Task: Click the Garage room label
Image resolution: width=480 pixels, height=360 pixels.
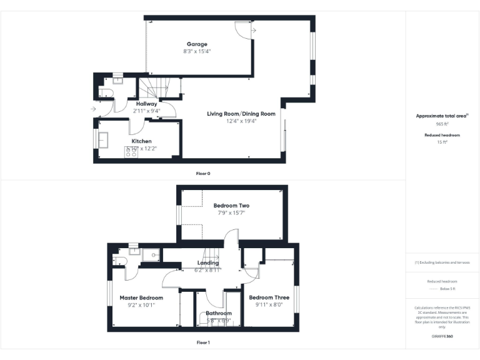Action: click(197, 44)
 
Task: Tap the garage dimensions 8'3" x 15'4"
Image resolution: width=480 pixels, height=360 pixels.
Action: click(197, 51)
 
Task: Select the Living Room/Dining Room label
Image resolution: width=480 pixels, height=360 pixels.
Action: click(241, 114)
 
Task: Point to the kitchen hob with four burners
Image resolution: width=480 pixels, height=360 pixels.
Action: click(132, 151)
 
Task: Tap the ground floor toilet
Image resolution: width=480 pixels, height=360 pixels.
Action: click(105, 94)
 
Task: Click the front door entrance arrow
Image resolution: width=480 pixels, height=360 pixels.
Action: click(93, 109)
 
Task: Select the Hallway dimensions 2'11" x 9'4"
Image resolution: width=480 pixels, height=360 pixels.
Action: click(146, 111)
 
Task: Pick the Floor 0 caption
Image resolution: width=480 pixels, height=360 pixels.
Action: click(203, 173)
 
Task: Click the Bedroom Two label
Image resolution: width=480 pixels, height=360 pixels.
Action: click(231, 205)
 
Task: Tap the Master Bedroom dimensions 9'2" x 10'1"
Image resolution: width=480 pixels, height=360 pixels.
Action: click(141, 305)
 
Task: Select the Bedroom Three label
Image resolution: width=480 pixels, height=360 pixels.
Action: click(269, 297)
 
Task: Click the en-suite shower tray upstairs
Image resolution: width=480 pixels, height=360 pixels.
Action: click(151, 254)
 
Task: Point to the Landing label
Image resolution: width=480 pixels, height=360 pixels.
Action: click(208, 263)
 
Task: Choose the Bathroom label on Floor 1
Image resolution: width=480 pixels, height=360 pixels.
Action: click(219, 313)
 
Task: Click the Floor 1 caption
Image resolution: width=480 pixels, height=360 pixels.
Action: click(203, 342)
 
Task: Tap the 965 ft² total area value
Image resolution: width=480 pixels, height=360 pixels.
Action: click(442, 124)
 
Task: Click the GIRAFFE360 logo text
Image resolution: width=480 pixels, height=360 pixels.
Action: click(442, 336)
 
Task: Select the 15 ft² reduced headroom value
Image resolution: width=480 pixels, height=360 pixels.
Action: click(442, 142)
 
